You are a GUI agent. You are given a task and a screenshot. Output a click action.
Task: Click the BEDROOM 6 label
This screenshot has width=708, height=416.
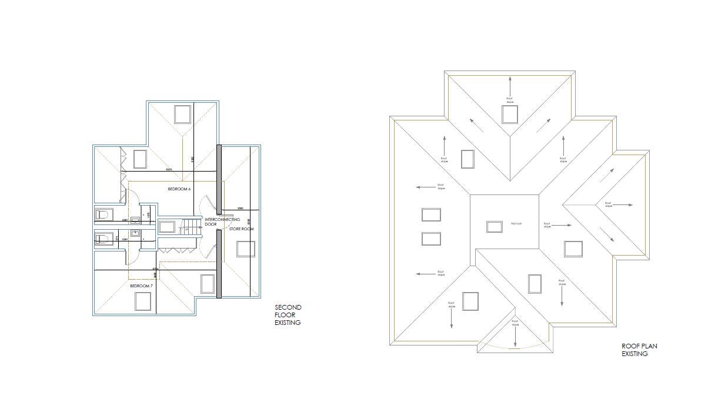(x=179, y=189)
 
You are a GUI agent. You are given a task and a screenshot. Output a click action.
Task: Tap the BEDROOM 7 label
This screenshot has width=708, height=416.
(x=141, y=286)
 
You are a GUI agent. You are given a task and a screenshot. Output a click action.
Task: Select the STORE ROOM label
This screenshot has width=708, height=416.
(x=241, y=229)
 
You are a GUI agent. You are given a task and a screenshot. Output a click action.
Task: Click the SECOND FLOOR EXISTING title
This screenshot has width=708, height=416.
(x=288, y=315)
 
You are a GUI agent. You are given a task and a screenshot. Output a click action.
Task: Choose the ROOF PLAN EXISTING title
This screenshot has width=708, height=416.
(x=639, y=350)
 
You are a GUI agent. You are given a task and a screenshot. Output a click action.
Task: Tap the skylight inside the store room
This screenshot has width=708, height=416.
(x=246, y=249)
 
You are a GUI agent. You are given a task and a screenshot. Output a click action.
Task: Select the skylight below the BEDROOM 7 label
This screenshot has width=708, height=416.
(x=143, y=301)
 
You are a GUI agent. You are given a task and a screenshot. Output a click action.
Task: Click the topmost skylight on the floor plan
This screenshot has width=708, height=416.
(x=182, y=114)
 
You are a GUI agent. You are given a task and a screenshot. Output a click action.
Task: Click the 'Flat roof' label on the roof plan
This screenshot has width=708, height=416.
(x=517, y=223)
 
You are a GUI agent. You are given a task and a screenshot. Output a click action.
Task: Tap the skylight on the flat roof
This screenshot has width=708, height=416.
(x=495, y=226)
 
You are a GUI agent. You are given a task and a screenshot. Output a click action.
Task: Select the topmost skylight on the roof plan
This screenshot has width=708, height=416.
(x=509, y=114)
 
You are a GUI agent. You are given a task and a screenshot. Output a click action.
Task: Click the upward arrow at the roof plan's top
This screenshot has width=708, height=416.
(x=510, y=83)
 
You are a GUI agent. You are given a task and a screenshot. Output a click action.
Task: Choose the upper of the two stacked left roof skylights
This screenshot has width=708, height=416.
(x=431, y=214)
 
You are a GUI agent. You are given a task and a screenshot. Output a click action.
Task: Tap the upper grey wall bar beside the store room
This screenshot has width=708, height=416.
(x=219, y=178)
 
